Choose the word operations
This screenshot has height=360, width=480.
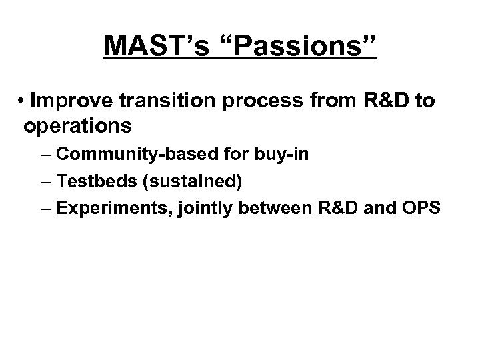coord(77,125)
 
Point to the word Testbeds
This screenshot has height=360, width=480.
coord(89,181)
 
